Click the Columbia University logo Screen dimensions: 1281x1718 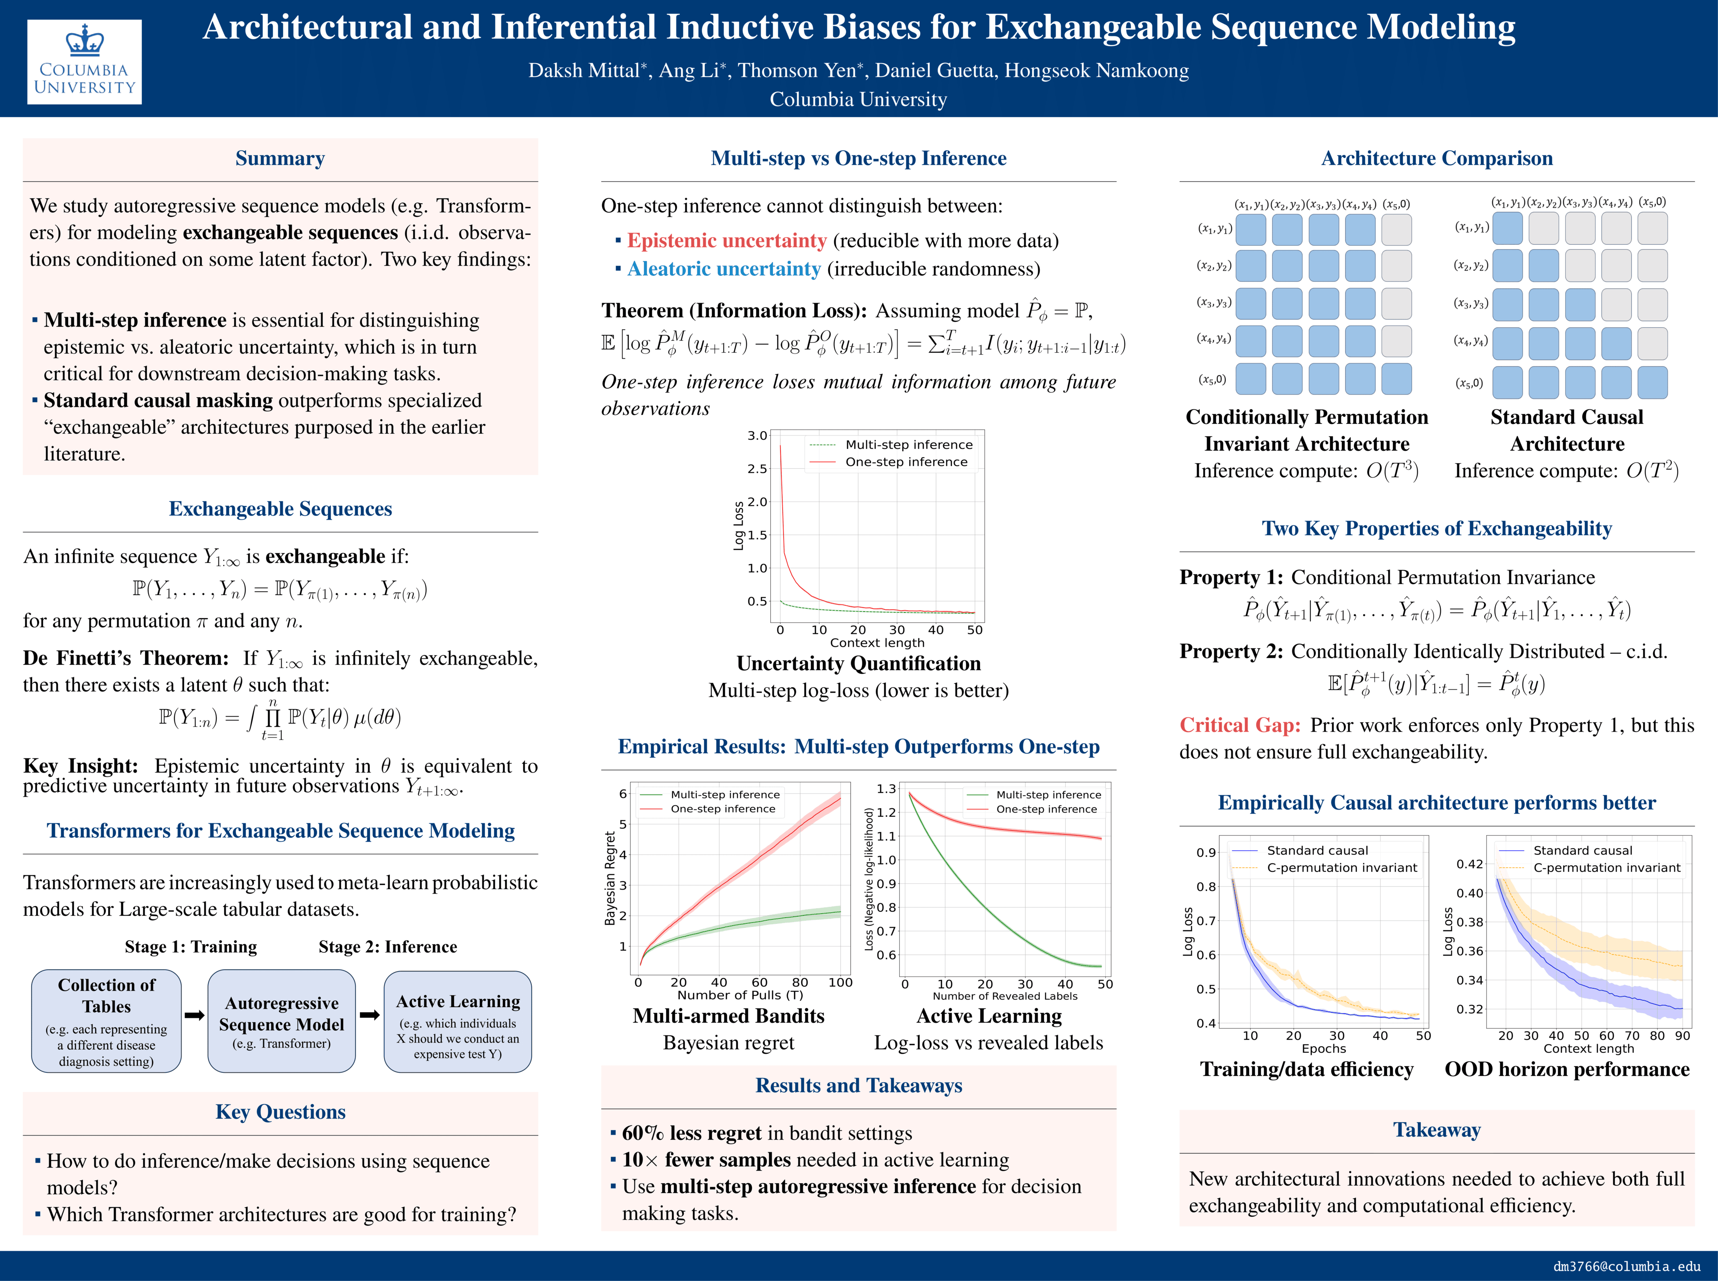[85, 61]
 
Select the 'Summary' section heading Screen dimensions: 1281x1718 [280, 159]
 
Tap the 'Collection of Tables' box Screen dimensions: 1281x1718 [106, 1021]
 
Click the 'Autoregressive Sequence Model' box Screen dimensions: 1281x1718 [282, 1021]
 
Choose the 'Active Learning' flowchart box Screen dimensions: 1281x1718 [457, 1021]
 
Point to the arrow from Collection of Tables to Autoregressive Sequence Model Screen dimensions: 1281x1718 [195, 1015]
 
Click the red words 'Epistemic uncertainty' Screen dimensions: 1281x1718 [727, 241]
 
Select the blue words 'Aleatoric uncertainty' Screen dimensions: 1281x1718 [724, 269]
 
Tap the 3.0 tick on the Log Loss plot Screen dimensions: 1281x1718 [757, 436]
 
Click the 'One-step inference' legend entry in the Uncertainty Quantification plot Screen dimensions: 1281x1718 [906, 462]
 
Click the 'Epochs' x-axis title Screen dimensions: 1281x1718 [1323, 1048]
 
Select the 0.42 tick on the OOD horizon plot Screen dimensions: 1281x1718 [1469, 864]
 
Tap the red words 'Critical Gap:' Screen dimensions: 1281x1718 [1239, 726]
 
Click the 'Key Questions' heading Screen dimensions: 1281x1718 [280, 1112]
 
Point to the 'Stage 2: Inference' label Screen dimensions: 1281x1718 [388, 947]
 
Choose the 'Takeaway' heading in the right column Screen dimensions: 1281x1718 [1436, 1130]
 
